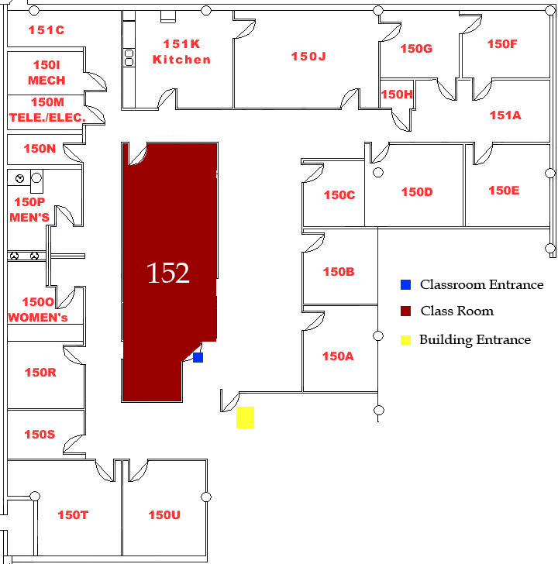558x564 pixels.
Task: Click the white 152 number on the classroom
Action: tap(168, 273)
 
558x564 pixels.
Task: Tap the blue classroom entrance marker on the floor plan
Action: tap(198, 358)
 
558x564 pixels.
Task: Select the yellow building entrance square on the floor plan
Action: tap(245, 418)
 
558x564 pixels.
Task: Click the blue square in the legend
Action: tap(405, 284)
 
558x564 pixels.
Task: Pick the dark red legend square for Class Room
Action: tap(405, 311)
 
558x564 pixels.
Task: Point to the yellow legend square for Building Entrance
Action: tap(405, 340)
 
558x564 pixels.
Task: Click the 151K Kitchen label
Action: tap(181, 52)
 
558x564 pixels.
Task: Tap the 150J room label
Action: tap(308, 57)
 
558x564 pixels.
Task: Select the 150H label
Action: tap(397, 95)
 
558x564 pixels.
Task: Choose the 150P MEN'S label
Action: tap(29, 210)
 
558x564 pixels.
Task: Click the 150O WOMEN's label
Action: tap(38, 310)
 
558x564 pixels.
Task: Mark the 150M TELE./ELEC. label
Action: tap(47, 110)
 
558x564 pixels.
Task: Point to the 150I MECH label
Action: tap(46, 73)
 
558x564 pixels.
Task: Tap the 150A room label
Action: tap(338, 356)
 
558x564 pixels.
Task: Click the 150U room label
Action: tap(164, 514)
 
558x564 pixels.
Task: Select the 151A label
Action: tap(505, 115)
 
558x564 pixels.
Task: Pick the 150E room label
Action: tap(504, 191)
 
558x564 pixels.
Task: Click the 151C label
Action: tap(46, 30)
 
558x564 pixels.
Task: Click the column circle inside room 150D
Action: tap(377, 173)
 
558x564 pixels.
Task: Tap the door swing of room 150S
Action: tap(72, 443)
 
